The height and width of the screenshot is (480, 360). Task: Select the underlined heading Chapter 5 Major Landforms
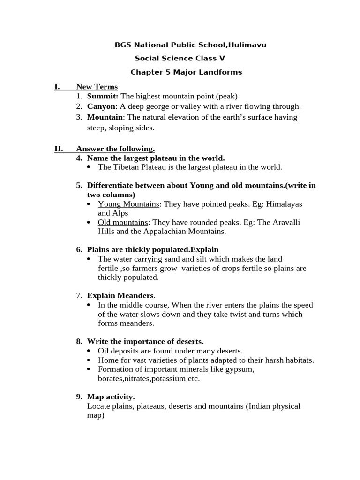pyautogui.click(x=186, y=72)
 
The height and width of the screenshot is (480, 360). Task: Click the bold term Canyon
pyautogui.click(x=101, y=106)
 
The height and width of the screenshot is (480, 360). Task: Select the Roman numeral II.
pyautogui.click(x=59, y=149)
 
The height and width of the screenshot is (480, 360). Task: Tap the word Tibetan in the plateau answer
pyautogui.click(x=125, y=167)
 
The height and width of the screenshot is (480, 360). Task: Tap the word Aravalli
pyautogui.click(x=285, y=222)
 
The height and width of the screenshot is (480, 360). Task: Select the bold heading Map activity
pyautogui.click(x=111, y=397)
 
